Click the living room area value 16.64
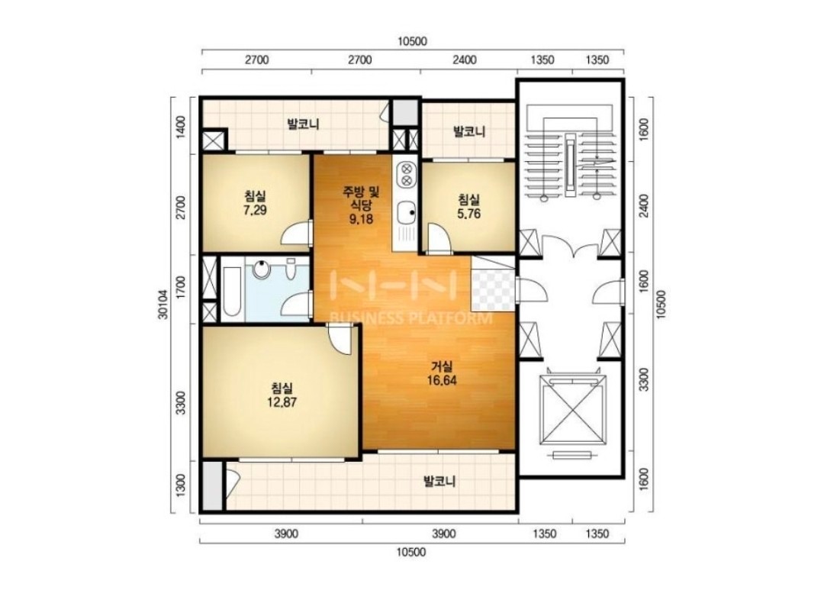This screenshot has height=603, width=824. click(442, 380)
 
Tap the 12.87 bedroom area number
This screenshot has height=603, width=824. click(282, 402)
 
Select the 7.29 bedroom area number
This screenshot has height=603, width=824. click(255, 211)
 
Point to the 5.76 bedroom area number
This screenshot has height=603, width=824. click(468, 214)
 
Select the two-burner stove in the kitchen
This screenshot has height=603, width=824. click(406, 175)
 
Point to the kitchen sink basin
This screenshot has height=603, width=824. click(405, 213)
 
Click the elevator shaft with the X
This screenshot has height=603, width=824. click(571, 410)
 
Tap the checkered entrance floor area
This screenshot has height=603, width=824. click(492, 283)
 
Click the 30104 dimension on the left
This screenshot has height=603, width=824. click(163, 305)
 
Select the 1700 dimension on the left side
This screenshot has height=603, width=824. click(181, 289)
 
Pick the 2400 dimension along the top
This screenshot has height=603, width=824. click(465, 60)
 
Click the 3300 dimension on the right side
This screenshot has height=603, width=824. click(643, 380)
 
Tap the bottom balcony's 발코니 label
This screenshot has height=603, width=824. click(439, 481)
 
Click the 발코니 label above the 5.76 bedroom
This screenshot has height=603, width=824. click(468, 131)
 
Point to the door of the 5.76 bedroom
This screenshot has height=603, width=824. click(439, 239)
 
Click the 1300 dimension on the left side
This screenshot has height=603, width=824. click(181, 485)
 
